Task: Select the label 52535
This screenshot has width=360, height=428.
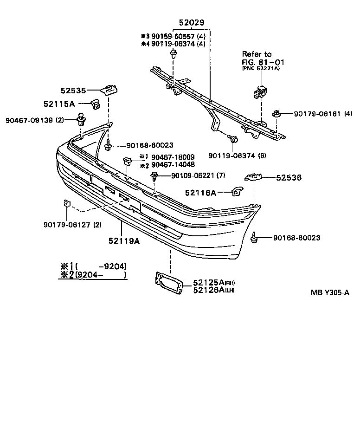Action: point(73,91)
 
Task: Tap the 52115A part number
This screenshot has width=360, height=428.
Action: point(73,104)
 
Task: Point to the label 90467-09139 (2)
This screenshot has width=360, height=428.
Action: point(35,120)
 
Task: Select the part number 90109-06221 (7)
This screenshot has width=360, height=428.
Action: point(199,175)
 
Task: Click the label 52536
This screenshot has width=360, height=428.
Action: point(289,177)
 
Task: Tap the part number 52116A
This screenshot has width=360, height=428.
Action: point(201,192)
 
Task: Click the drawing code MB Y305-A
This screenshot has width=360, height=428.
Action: point(330,292)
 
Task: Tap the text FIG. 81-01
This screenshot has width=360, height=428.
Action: point(263,62)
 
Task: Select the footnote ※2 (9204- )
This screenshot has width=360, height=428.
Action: point(93,275)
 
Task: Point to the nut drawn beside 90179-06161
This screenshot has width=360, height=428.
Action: point(276,113)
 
